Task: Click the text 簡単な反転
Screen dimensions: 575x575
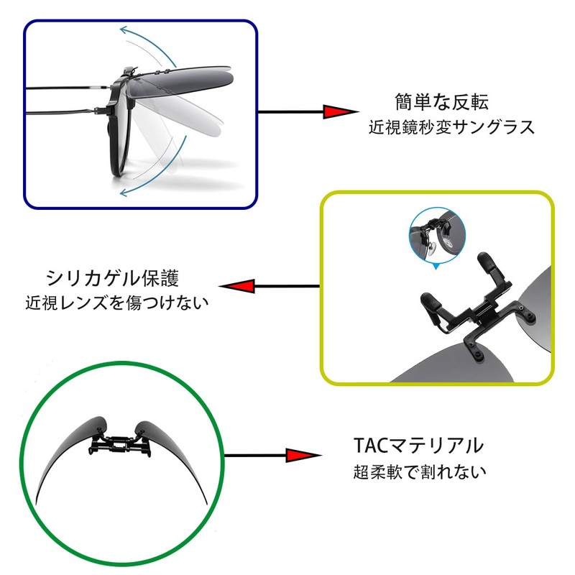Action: (446, 101)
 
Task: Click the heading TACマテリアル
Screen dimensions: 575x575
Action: (419, 445)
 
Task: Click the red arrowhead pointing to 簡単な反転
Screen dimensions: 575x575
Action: (339, 112)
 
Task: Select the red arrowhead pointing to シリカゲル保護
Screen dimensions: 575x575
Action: (237, 287)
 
